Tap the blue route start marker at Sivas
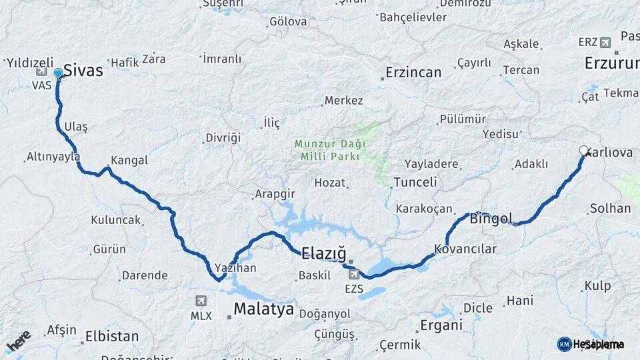(58, 73)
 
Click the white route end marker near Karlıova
(584, 151)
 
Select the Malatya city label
(263, 309)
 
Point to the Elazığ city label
(324, 253)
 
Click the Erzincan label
(413, 72)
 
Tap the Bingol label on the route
(491, 218)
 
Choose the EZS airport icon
(354, 273)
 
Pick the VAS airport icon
(41, 71)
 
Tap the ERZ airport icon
(605, 43)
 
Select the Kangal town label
(129, 161)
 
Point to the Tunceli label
(415, 182)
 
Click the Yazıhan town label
(235, 268)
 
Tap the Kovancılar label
(465, 249)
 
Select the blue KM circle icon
(564, 344)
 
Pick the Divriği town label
(223, 138)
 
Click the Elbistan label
(112, 337)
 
